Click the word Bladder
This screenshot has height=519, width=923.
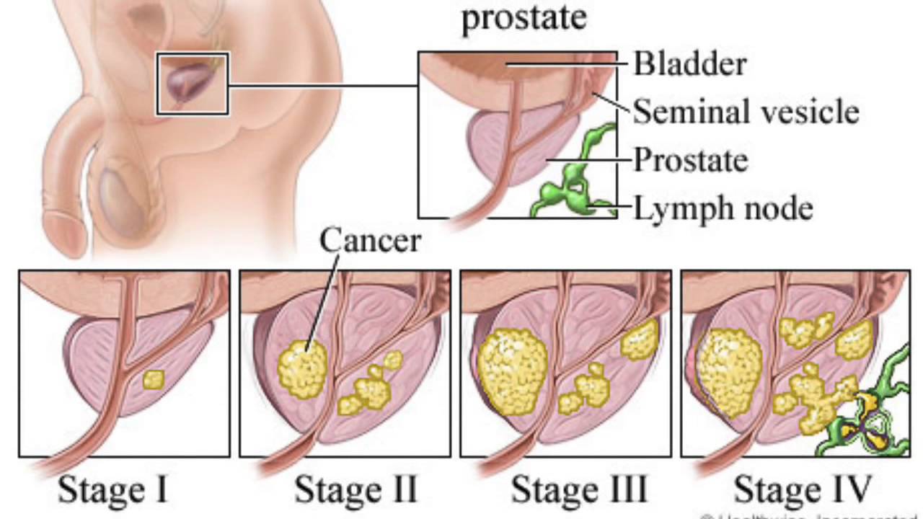[689, 64]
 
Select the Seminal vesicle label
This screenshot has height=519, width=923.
[746, 112]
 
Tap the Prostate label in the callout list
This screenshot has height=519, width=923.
[690, 160]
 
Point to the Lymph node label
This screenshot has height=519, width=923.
[723, 209]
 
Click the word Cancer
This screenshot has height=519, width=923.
[370, 240]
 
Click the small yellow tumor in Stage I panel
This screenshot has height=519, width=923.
[153, 380]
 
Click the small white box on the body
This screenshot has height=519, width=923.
[193, 84]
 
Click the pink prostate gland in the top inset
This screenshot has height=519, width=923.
[498, 144]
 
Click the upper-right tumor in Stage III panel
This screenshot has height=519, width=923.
[640, 340]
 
